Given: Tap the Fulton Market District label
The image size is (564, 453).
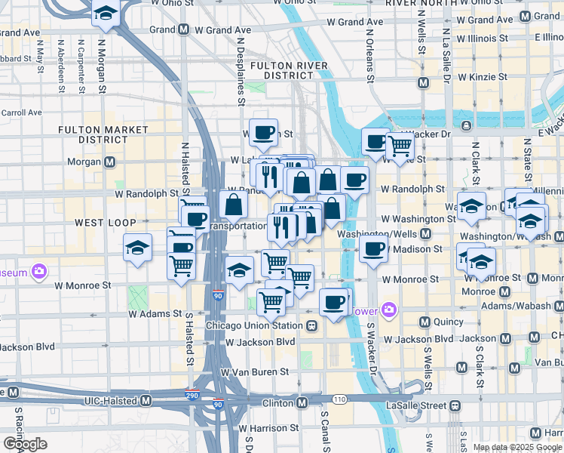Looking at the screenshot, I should (x=103, y=135).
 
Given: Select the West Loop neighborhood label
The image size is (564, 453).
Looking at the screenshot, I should (x=105, y=223).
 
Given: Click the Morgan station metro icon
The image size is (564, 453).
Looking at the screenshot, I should (x=110, y=162).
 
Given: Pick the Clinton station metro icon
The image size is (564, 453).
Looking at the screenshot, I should (x=302, y=403).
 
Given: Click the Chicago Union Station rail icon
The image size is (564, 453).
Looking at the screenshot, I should (x=311, y=325).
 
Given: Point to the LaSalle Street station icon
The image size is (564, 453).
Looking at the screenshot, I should (x=455, y=405).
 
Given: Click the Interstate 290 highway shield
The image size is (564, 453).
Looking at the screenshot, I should (x=194, y=394).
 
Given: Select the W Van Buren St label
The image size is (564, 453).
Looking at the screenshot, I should (x=255, y=371).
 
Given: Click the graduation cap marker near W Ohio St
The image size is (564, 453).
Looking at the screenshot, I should (x=106, y=14).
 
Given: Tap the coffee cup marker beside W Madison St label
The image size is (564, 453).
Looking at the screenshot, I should (x=374, y=249).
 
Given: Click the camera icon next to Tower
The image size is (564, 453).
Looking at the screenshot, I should (x=388, y=310).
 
